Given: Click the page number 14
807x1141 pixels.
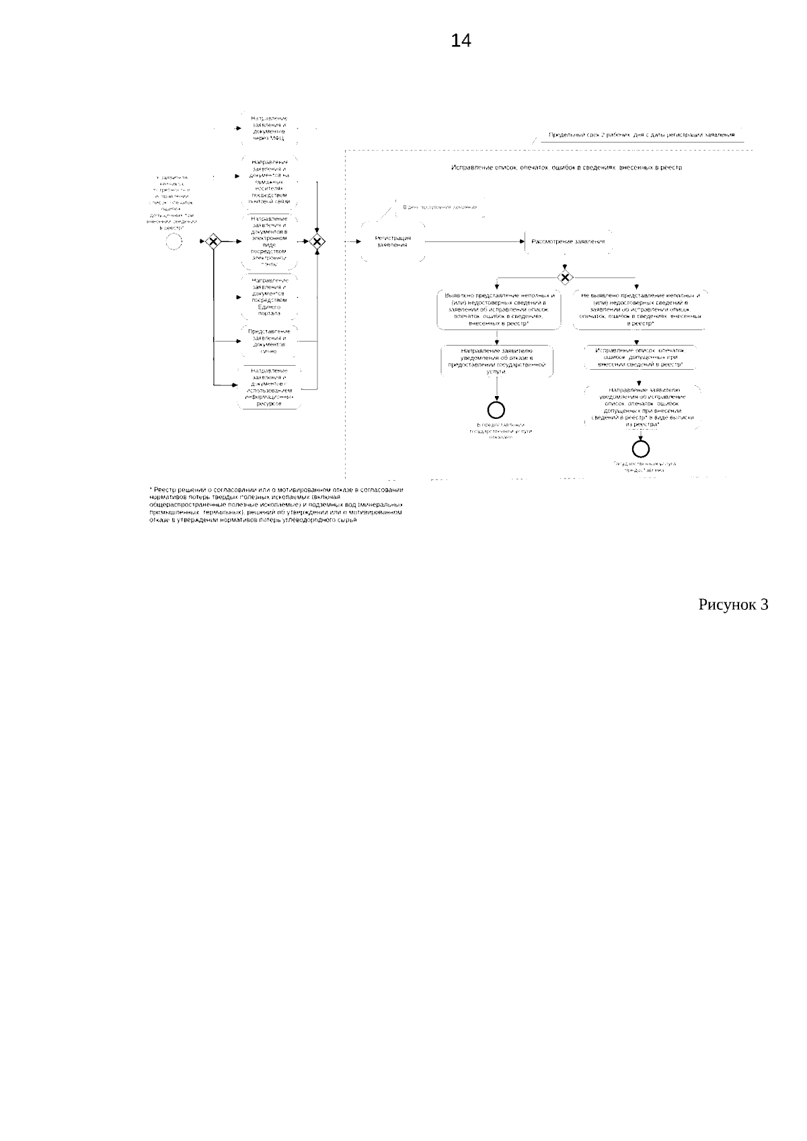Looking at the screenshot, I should click(461, 42).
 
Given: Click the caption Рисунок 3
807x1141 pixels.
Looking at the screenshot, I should click(733, 604).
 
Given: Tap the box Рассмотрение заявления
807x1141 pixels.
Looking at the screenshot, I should click(568, 241).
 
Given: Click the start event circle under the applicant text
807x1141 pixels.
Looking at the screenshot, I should click(174, 241).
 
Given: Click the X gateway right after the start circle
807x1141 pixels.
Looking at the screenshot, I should click(213, 241).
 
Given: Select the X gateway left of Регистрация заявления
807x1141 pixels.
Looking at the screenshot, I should click(317, 241).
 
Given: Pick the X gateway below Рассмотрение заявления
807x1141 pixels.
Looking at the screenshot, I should click(566, 277).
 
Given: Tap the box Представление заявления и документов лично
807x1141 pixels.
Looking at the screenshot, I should click(268, 341).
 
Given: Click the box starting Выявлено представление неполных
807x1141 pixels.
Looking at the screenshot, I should click(498, 310).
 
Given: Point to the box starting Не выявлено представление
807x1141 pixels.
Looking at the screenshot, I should click(640, 310).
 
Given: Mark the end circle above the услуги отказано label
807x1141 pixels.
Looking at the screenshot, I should click(497, 409).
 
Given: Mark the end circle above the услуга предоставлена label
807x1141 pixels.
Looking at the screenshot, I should click(640, 448).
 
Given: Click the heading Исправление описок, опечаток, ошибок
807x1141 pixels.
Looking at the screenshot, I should click(566, 167).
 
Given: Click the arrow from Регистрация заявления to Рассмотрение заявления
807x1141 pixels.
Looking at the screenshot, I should click(474, 241).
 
